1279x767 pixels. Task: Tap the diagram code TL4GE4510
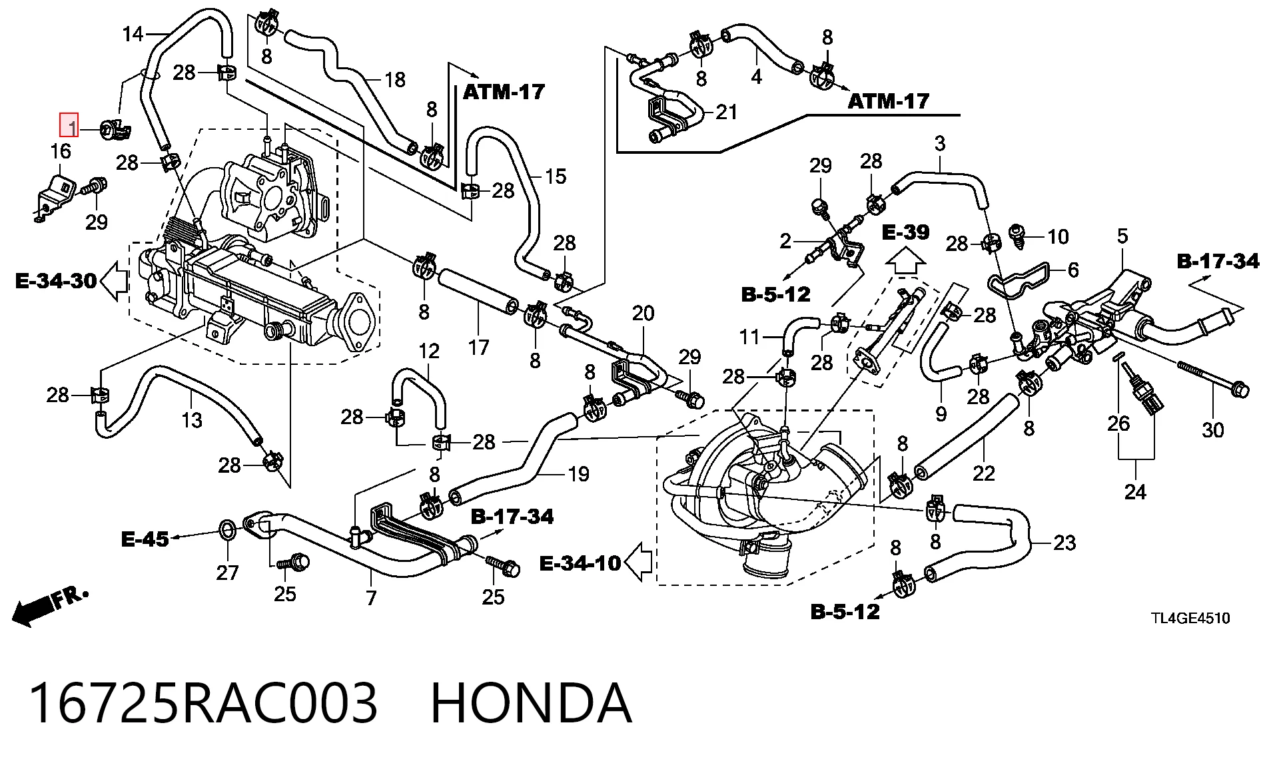[1190, 618]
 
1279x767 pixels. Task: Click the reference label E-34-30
[56, 281]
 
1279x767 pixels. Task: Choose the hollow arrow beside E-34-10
[638, 562]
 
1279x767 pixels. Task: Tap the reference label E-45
[145, 539]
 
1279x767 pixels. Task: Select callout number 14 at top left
[133, 33]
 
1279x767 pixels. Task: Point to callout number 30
[1212, 430]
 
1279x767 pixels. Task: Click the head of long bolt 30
[1239, 389]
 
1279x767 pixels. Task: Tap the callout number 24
[1135, 492]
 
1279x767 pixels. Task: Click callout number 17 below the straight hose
[478, 347]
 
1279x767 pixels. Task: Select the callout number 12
[429, 351]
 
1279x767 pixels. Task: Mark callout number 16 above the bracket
[61, 151]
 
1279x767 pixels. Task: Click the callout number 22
[983, 473]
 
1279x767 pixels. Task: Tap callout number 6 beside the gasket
[1072, 270]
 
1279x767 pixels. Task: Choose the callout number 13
[192, 420]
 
